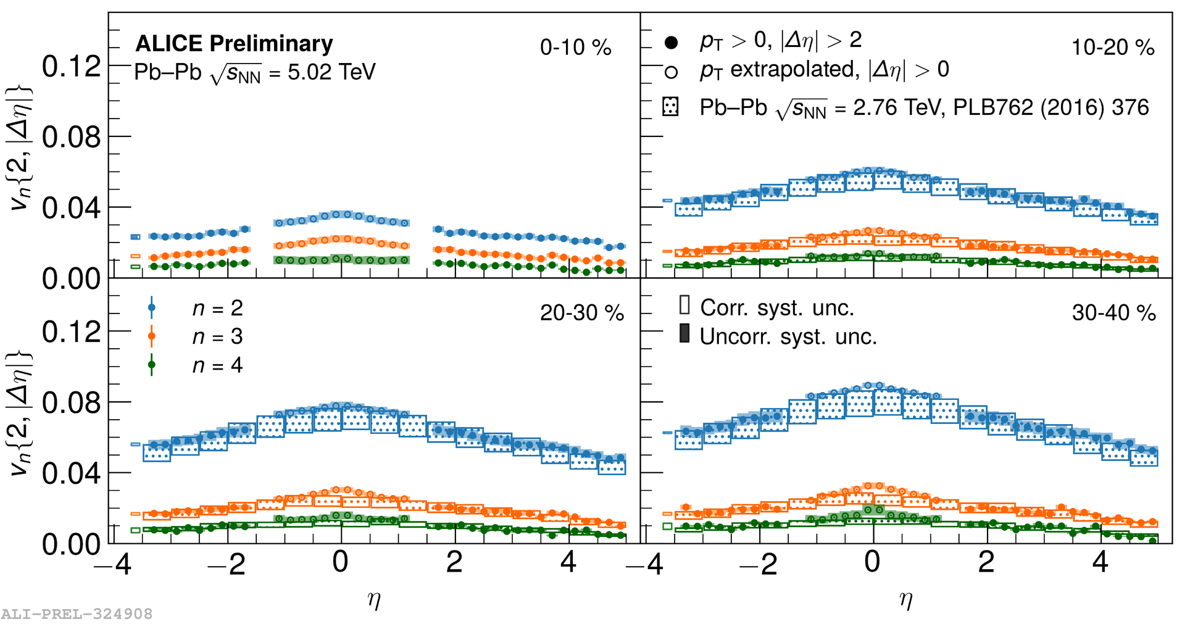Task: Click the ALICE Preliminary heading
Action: pyautogui.click(x=234, y=44)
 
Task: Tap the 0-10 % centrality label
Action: pyautogui.click(x=575, y=48)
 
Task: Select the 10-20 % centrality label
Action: pyautogui.click(x=1113, y=48)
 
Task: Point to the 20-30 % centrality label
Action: pyautogui.click(x=581, y=313)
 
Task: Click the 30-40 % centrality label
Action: pyautogui.click(x=1113, y=313)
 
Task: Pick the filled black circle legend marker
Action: pyautogui.click(x=671, y=43)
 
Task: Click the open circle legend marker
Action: pyautogui.click(x=671, y=72)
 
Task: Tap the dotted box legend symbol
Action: pyautogui.click(x=670, y=107)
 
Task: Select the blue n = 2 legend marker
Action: pyautogui.click(x=152, y=307)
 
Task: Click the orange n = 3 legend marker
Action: pyautogui.click(x=152, y=336)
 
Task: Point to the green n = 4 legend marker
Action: pyautogui.click(x=152, y=365)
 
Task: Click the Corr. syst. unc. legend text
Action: pyautogui.click(x=776, y=307)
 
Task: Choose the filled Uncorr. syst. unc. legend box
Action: pyautogui.click(x=684, y=333)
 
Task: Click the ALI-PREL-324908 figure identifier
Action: pyautogui.click(x=77, y=614)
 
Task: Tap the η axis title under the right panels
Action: pyautogui.click(x=905, y=599)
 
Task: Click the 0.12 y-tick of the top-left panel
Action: pyautogui.click(x=71, y=66)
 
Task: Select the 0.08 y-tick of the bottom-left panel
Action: pyautogui.click(x=71, y=402)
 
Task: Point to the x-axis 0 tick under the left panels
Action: pyautogui.click(x=340, y=562)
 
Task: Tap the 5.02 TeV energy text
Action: pyautogui.click(x=331, y=73)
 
